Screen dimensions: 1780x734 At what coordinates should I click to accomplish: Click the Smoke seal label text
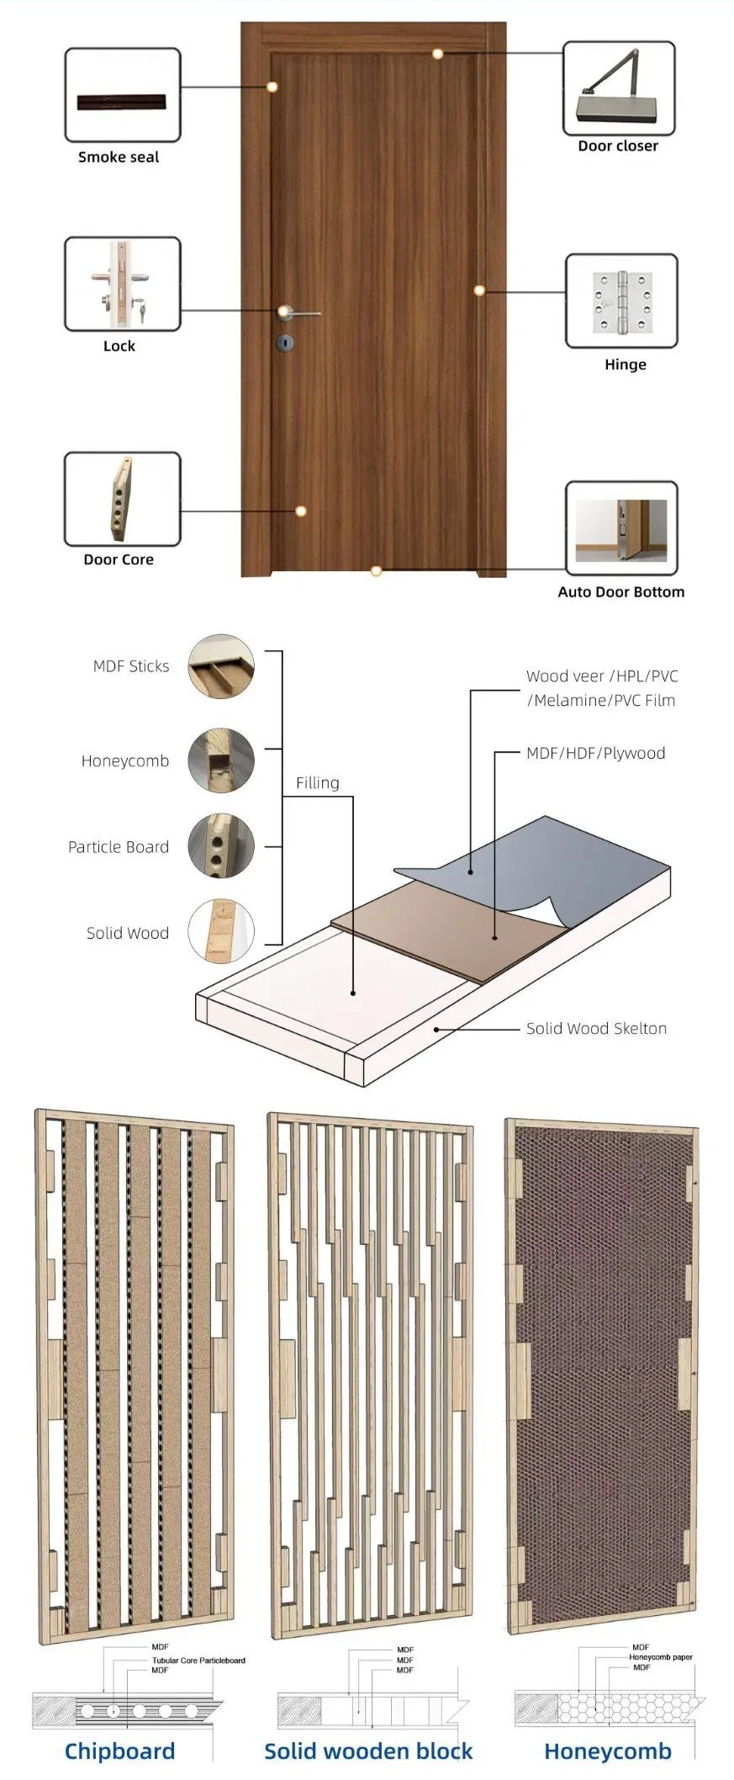point(119,157)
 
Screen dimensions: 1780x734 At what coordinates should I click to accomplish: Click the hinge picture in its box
point(622,301)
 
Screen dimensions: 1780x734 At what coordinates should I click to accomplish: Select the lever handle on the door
point(298,314)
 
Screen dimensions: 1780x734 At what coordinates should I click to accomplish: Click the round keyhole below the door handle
point(285,342)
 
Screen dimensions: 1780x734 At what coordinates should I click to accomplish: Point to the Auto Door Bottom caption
point(620,592)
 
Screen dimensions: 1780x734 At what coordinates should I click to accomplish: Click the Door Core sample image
point(121,498)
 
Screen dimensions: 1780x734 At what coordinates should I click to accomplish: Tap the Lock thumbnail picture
point(122,284)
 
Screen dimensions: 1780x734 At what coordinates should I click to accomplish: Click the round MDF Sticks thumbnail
point(220,666)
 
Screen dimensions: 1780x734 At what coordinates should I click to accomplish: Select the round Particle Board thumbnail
point(220,846)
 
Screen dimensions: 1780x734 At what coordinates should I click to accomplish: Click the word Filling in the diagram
point(317,783)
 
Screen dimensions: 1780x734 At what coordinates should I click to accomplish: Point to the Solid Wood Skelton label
point(596,1029)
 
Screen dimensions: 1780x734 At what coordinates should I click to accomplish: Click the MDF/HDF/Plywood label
point(595,754)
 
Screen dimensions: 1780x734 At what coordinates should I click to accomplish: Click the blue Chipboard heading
point(119,1751)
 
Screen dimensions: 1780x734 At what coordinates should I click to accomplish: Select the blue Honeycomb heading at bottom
point(607,1751)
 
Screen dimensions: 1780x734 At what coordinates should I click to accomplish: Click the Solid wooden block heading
point(368,1751)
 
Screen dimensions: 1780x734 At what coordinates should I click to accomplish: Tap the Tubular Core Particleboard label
point(198,1661)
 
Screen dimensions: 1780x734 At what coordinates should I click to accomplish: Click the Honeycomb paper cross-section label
point(661,1657)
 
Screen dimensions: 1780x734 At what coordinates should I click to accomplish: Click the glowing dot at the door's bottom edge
point(376,571)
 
